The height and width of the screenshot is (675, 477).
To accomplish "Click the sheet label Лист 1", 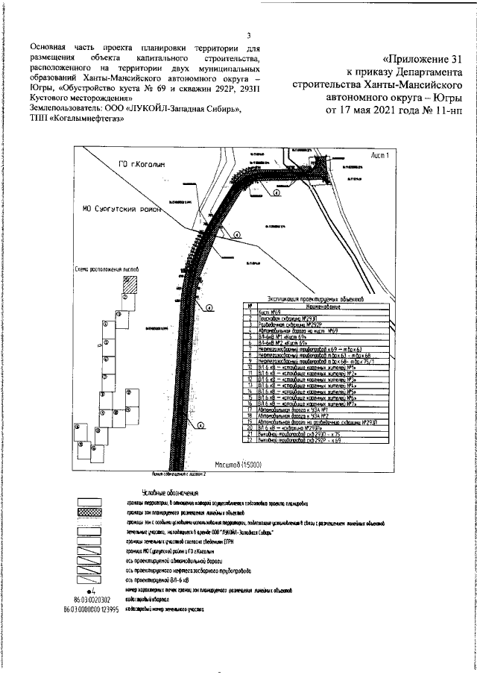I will pos(385,154).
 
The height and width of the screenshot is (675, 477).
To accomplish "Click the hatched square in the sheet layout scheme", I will pos(130,284).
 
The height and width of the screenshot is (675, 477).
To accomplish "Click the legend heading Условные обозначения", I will pos(168,493).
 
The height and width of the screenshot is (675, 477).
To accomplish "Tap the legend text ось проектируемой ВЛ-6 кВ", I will pos(152,579).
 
